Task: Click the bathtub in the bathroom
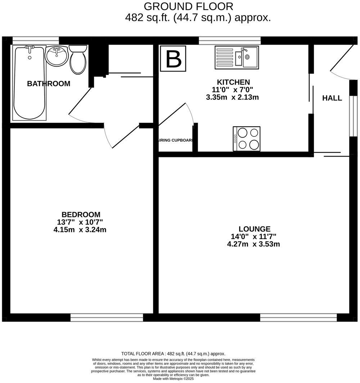click(30, 83)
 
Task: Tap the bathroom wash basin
click(57, 56)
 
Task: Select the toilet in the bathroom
click(78, 59)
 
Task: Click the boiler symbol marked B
click(173, 58)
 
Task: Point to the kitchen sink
click(237, 57)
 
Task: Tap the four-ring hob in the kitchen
click(247, 139)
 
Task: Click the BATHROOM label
click(49, 84)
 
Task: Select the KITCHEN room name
click(233, 82)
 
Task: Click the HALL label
click(332, 98)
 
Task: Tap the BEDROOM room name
click(80, 215)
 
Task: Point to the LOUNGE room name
click(255, 229)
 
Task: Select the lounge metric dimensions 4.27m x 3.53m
click(253, 244)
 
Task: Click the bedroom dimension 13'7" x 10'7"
click(80, 222)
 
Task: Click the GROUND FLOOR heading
click(188, 6)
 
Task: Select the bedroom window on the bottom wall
click(107, 317)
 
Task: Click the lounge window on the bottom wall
click(298, 317)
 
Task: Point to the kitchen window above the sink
click(230, 40)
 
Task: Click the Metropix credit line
click(173, 378)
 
